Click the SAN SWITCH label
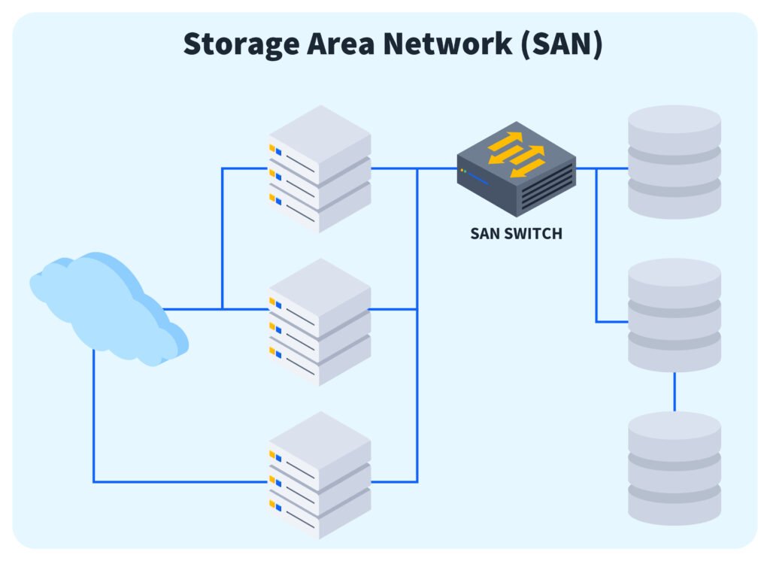tap(516, 234)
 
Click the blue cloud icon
tap(105, 308)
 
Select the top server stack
tap(320, 168)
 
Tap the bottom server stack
tap(320, 475)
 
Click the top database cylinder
tap(675, 162)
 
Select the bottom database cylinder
tap(675, 468)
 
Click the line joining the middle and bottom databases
tap(675, 391)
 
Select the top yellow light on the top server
tap(272, 148)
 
